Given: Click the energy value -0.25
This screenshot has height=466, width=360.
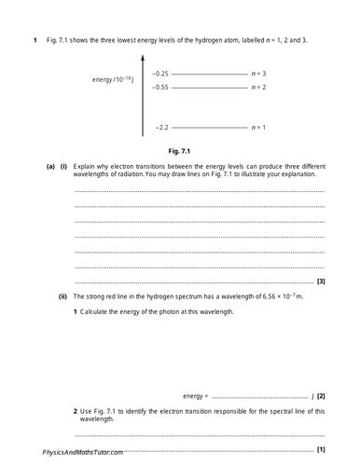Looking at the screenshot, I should point(160,73).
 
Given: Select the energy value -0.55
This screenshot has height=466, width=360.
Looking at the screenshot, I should point(160,86).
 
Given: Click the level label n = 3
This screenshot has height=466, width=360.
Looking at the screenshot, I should point(260,73).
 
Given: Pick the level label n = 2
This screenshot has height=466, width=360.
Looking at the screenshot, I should point(260,86).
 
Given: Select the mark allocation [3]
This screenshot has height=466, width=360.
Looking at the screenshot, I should point(321,281).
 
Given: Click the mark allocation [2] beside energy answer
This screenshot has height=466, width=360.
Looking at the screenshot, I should point(321,396).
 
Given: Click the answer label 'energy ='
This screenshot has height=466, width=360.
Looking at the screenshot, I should point(196,396).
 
